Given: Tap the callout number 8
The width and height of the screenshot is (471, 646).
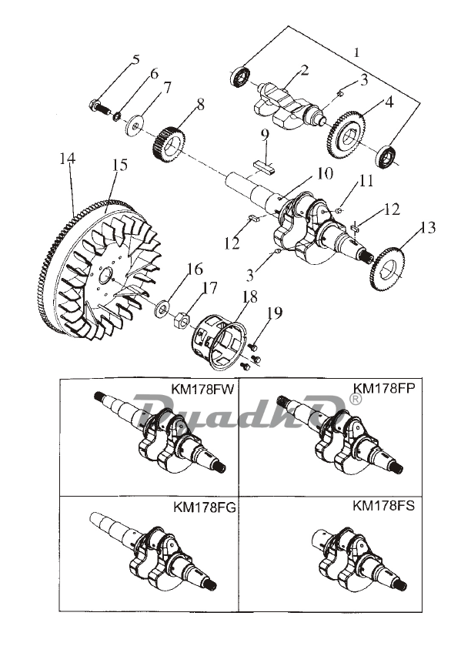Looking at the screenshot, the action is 200,104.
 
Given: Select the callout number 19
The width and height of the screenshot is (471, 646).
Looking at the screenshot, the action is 275,313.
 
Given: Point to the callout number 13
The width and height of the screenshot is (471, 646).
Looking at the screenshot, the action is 428,227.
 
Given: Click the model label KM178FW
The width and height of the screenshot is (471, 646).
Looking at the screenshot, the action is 202,390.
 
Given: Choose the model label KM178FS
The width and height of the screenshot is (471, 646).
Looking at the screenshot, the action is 383,506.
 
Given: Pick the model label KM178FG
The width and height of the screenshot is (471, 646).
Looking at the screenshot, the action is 205,507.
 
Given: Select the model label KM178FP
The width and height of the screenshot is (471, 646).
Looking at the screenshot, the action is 384,388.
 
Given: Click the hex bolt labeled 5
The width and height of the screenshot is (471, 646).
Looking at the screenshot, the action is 99,108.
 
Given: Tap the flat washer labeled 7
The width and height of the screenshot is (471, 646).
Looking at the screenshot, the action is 135,126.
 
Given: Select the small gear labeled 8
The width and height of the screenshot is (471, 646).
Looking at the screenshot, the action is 170,145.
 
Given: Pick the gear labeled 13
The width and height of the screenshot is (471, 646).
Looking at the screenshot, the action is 388,269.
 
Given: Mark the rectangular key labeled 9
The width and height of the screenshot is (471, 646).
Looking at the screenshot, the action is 264,166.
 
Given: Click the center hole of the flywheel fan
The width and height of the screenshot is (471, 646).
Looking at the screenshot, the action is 108,274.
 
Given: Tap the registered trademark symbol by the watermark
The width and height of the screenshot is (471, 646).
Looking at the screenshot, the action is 355,399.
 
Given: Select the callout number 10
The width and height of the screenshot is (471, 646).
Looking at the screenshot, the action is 325,173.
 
